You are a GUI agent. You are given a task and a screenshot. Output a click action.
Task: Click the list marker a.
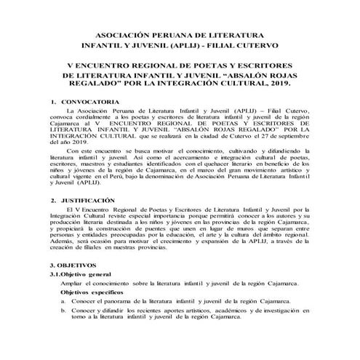(x=64, y=321)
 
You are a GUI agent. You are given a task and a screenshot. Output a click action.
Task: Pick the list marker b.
(x=64, y=330)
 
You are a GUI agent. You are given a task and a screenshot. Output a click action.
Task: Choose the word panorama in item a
(x=126, y=321)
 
